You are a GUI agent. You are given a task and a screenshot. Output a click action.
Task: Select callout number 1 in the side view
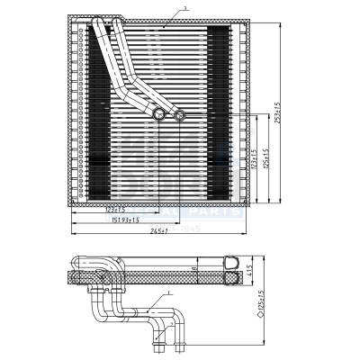168,294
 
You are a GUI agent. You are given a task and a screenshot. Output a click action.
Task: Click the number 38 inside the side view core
194,268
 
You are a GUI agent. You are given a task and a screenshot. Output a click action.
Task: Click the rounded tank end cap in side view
232,271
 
